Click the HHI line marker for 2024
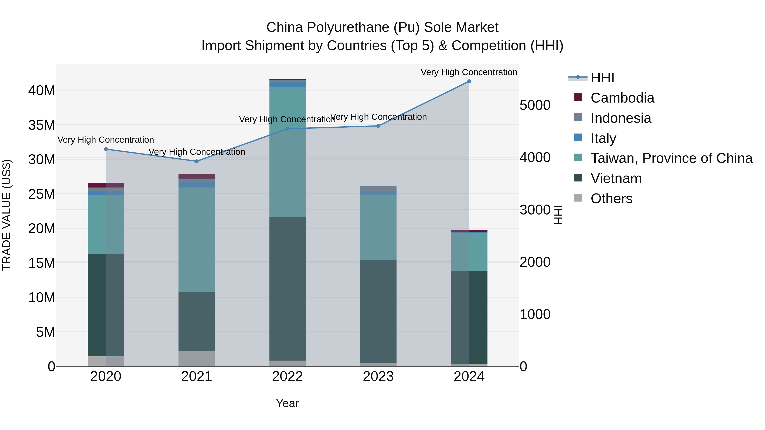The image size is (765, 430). [x=469, y=81]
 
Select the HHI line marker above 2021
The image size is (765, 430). [x=197, y=161]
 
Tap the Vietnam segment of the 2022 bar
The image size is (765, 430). [x=288, y=288]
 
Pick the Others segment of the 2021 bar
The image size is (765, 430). [x=197, y=358]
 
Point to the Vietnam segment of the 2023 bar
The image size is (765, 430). [x=378, y=312]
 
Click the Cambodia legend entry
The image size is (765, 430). [x=622, y=98]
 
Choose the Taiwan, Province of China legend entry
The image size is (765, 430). [x=671, y=158]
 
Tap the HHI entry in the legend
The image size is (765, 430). [x=602, y=78]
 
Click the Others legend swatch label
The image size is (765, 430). [x=611, y=199]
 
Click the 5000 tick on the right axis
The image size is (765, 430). [x=535, y=105]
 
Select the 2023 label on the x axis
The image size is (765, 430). [x=378, y=376]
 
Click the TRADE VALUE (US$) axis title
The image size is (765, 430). [x=7, y=215]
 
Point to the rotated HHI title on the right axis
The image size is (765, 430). [x=558, y=215]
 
